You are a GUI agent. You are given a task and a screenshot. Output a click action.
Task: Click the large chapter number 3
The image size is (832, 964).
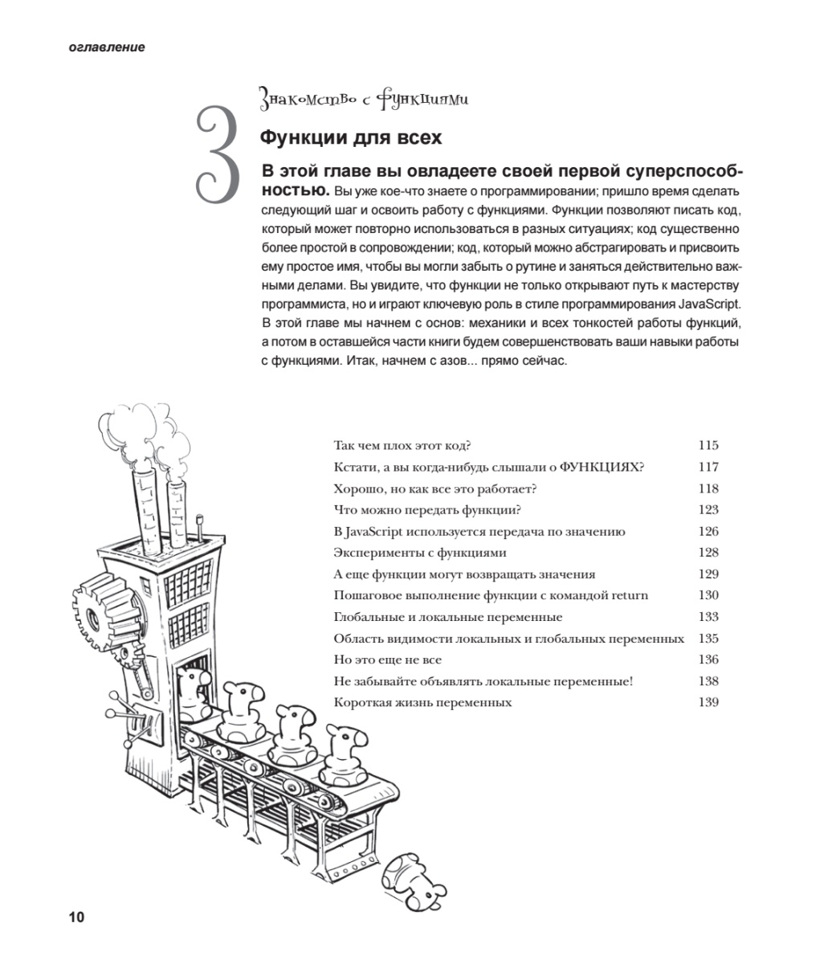(218, 154)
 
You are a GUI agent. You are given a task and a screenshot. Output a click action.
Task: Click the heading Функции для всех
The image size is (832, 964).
(350, 137)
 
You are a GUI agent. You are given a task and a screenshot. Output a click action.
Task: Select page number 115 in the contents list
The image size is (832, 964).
(708, 446)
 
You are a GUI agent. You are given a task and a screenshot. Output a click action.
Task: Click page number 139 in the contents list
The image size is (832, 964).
(708, 703)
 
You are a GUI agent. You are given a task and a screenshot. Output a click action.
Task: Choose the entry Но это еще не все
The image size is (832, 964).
(387, 660)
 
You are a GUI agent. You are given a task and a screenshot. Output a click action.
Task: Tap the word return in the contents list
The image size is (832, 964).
(630, 595)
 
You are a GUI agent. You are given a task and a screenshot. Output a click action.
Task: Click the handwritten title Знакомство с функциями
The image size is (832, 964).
(364, 100)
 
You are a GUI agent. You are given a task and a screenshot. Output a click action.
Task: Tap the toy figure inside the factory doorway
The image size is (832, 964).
(192, 692)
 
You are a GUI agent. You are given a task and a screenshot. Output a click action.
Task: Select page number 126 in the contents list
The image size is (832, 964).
(708, 531)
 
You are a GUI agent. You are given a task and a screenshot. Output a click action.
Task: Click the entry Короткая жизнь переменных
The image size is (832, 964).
(422, 703)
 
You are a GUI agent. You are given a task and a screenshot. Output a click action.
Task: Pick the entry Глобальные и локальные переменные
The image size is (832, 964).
(447, 617)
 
